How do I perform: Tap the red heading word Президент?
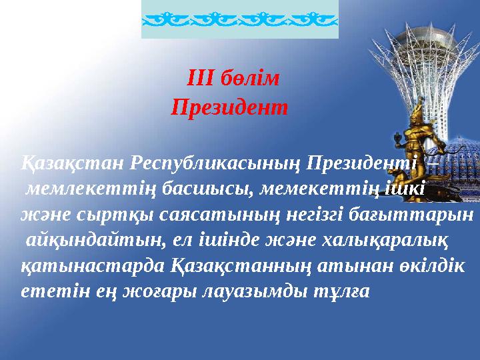229,106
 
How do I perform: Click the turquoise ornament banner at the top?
240,19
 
